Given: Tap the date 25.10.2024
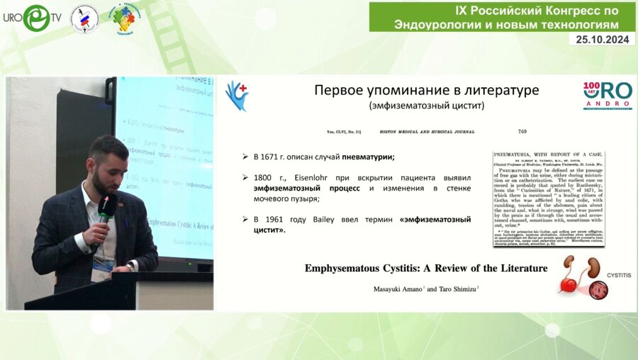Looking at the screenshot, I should (x=602, y=40).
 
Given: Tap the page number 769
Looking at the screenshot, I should (x=522, y=130).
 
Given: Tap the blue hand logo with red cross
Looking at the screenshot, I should (x=236, y=95).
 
